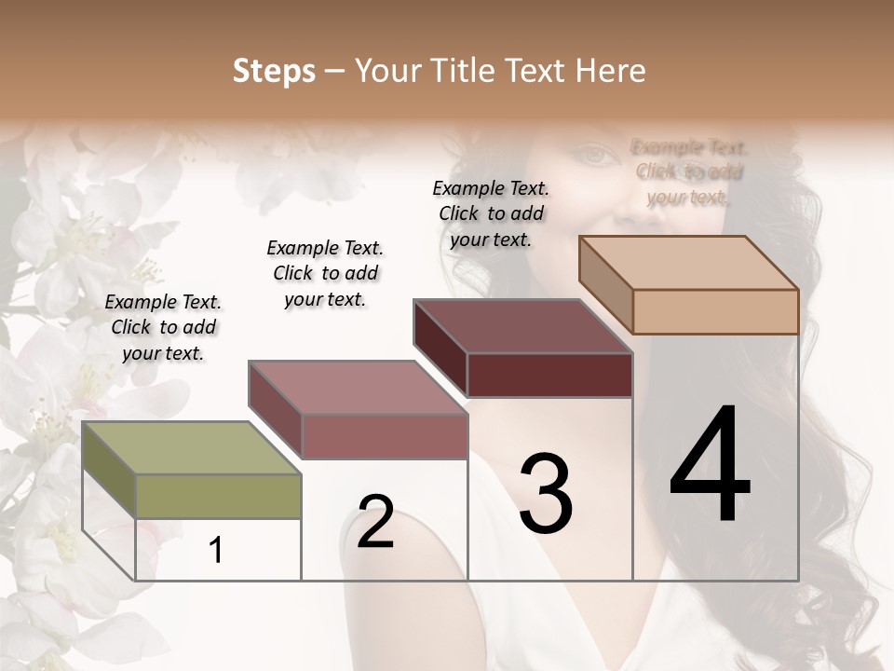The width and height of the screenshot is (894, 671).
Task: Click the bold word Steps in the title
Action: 274,71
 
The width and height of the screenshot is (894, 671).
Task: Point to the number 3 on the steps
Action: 546,494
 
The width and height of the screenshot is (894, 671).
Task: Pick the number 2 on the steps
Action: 375,522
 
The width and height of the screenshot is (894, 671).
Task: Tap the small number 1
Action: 216,551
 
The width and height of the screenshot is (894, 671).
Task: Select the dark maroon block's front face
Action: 549,375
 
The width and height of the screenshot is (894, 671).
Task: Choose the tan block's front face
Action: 715,311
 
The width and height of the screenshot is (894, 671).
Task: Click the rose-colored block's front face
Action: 385,436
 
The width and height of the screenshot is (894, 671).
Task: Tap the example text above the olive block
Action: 163,327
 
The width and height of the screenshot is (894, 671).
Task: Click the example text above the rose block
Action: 325,273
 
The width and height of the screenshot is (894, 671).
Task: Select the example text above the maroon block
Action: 491,213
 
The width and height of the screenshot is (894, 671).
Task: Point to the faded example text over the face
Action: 689,171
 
